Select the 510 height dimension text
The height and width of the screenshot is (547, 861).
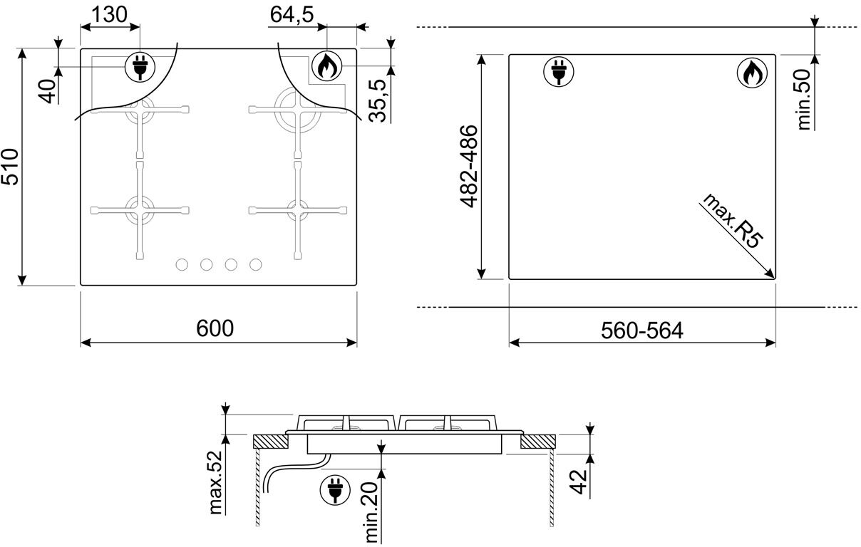pos(9,167)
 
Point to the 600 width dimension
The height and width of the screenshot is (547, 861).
pos(215,328)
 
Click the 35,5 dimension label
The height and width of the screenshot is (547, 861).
pos(377,100)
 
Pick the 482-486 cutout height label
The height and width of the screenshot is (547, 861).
pos(469,167)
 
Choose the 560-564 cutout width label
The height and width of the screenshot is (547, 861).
pos(642,330)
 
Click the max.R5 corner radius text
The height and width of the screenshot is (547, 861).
pos(732,221)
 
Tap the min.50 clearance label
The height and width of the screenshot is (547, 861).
pos(804,99)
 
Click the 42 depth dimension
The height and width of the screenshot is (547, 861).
pos(578,481)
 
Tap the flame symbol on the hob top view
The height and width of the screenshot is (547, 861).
pos(326,66)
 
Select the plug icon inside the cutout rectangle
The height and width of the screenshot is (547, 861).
pos(559,71)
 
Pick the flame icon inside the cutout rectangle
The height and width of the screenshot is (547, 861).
pos(752,73)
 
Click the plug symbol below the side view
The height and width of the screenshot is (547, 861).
pos(335,490)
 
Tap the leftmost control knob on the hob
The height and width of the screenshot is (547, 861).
pos(182,265)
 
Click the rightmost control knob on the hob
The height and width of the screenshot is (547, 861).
pos(256,265)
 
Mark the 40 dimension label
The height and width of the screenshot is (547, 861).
pos(48,91)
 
